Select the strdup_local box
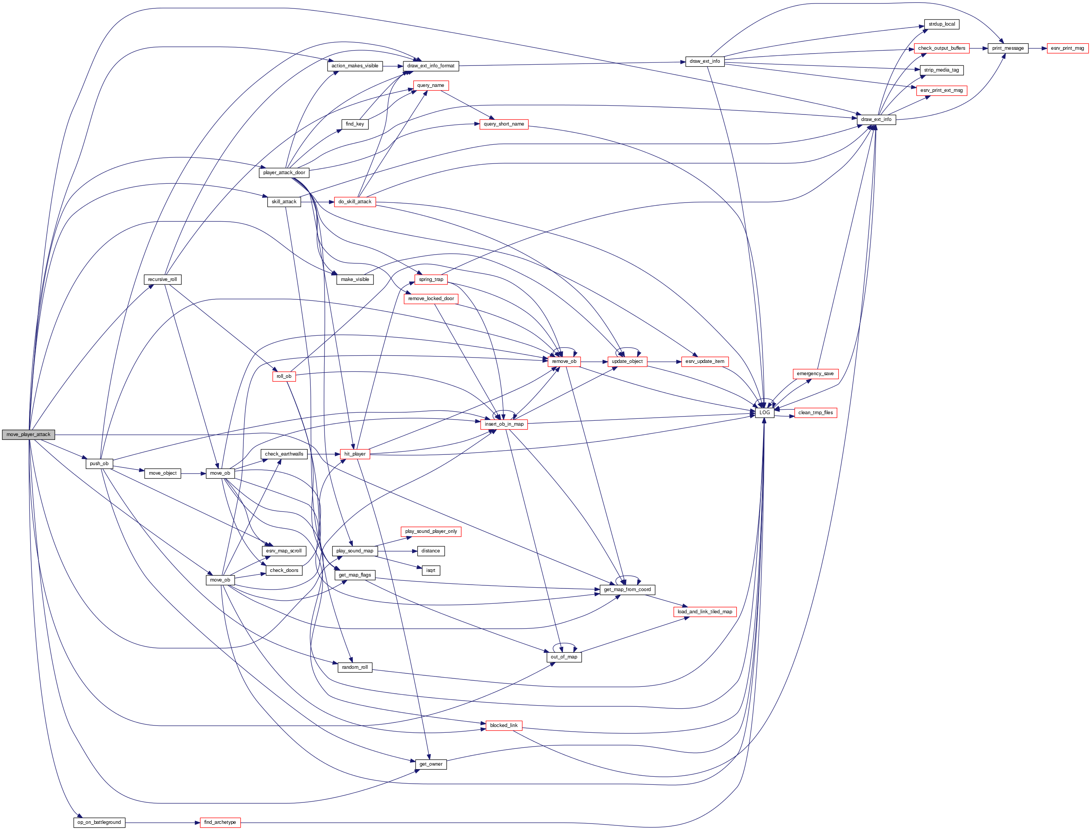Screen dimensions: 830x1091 pos(941,24)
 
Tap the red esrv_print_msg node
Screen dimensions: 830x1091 pos(1067,48)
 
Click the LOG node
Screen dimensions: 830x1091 pos(764,413)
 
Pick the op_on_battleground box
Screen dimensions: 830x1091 pos(99,822)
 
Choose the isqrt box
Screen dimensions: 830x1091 pos(431,570)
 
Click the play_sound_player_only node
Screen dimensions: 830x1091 pos(431,532)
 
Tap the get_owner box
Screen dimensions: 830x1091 pos(431,764)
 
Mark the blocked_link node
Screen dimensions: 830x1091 pos(504,725)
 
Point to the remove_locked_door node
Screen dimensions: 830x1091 pos(431,299)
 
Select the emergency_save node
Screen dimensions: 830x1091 pos(815,374)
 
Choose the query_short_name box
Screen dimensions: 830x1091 pos(504,124)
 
